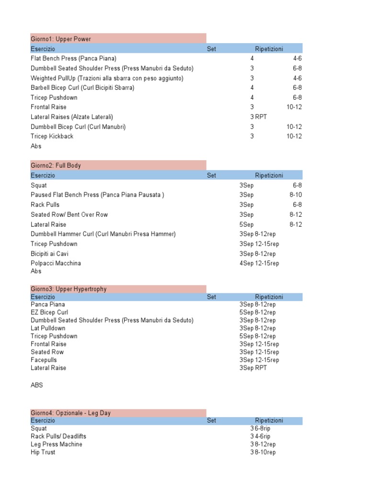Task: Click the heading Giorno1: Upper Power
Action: click(61, 39)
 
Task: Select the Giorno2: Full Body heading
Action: click(56, 165)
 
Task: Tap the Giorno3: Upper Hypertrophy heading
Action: click(69, 289)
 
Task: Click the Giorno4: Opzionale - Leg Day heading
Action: click(70, 413)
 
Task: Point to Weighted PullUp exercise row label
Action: click(107, 78)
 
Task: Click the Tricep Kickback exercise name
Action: click(52, 136)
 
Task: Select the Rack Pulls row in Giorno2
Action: click(45, 205)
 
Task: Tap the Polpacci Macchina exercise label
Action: click(56, 263)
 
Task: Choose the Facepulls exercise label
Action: click(44, 360)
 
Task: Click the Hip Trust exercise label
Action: click(43, 452)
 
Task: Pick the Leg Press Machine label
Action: click(56, 444)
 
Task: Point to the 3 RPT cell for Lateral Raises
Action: click(258, 117)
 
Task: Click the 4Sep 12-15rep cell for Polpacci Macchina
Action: click(259, 263)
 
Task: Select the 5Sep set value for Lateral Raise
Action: click(246, 224)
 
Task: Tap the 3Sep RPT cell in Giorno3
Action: click(253, 368)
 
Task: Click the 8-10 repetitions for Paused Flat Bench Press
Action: click(296, 195)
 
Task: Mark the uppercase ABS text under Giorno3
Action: click(37, 385)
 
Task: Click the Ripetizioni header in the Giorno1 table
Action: click(269, 49)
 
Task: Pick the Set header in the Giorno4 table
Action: click(211, 421)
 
